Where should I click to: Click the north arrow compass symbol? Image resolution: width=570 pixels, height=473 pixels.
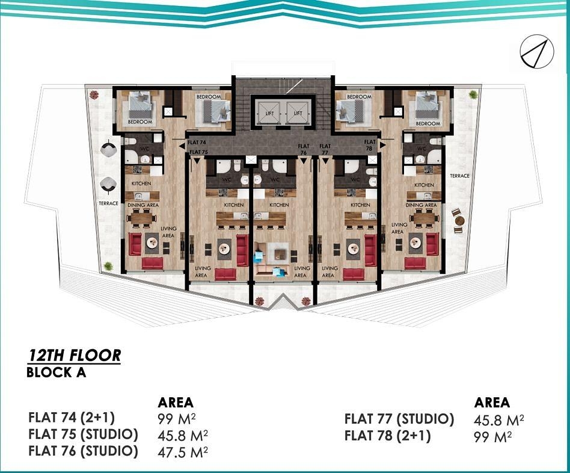coord(536,52)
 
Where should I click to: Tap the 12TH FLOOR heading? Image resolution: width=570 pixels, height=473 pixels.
coord(74,356)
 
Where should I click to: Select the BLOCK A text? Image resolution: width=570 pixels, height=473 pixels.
coord(57,373)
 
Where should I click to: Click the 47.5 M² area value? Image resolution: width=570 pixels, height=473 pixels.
coord(183,452)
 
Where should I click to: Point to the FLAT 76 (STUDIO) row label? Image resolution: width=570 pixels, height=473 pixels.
coord(83,451)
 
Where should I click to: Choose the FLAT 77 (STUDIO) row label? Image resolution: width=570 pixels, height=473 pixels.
coord(399,419)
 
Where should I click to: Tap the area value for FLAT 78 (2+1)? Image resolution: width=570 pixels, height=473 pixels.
coord(492,437)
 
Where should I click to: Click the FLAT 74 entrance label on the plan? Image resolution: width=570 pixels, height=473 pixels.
coord(197,142)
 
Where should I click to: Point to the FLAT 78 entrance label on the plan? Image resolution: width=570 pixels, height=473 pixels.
coord(370,145)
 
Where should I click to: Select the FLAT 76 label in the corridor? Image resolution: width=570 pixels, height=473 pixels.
coord(304,149)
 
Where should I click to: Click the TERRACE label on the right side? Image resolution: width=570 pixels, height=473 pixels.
coord(459,176)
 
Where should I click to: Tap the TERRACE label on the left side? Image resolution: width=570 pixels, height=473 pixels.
coord(108,203)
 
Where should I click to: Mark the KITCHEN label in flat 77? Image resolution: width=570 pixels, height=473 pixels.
coord(360,205)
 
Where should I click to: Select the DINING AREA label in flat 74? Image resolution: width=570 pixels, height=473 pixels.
coord(143,205)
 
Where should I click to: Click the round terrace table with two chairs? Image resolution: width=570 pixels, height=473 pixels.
coord(458,220)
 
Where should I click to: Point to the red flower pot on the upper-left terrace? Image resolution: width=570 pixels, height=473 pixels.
coord(94,94)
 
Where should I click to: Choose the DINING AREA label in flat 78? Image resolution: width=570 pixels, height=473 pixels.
coord(421,205)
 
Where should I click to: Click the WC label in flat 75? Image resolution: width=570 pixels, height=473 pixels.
coord(227,180)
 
